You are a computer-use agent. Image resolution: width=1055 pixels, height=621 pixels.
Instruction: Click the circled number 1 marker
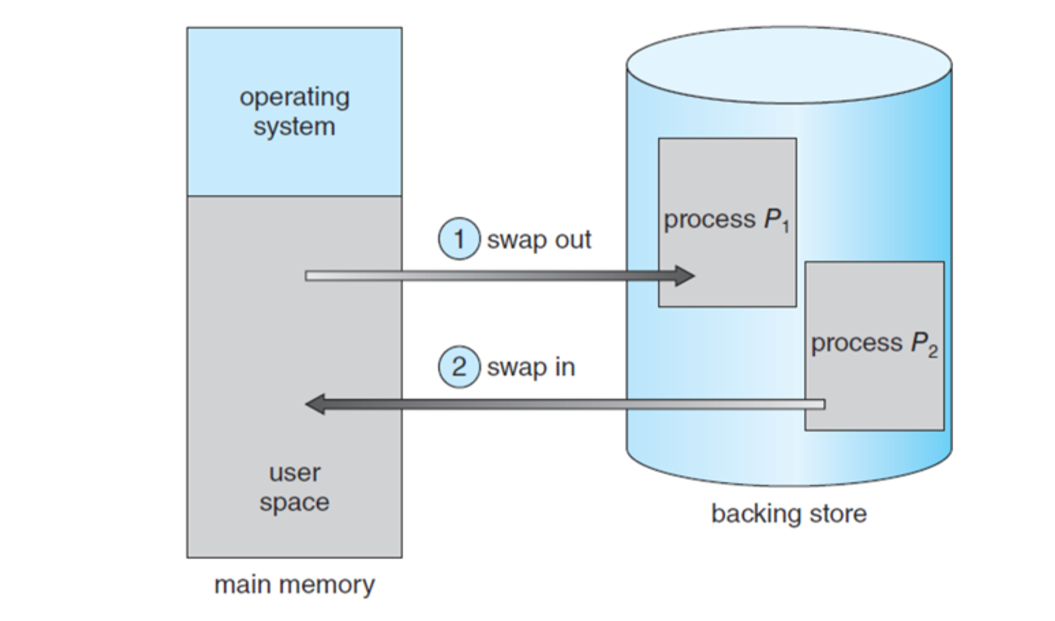(x=459, y=239)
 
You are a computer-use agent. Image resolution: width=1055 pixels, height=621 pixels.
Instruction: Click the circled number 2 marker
(x=459, y=367)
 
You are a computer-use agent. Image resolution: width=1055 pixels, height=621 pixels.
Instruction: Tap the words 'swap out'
(x=539, y=240)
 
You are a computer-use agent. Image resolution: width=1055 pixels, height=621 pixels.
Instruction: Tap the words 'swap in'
(x=531, y=368)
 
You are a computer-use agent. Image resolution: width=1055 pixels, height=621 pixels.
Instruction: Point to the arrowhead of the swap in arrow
(x=315, y=404)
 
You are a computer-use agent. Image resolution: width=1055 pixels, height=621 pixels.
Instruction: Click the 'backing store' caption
(x=789, y=513)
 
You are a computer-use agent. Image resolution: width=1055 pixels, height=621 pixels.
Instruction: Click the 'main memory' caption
(x=294, y=585)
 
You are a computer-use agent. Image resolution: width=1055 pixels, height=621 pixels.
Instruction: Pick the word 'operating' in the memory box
(x=294, y=97)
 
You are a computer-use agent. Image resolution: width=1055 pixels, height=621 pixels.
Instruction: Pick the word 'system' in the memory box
(x=294, y=127)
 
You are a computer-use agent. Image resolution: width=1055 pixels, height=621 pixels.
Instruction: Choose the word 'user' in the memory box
(x=294, y=473)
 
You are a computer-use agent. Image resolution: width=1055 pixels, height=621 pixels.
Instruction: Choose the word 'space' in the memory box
(x=294, y=502)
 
